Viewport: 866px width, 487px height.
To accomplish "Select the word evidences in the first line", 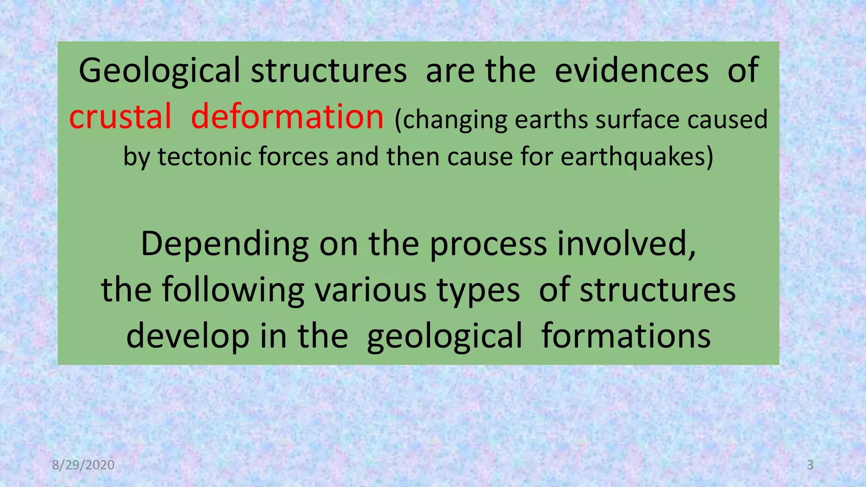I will tap(631, 70).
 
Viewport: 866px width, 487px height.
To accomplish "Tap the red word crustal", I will tap(120, 117).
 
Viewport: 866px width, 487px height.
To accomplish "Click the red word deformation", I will tap(287, 116).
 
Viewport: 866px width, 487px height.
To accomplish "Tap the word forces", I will tap(293, 157).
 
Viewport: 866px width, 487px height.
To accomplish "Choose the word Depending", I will tap(225, 244).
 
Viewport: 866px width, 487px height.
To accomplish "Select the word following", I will tap(233, 290).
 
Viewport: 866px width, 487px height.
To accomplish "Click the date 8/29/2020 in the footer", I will tap(83, 465).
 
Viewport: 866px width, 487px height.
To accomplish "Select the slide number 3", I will tap(810, 465).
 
